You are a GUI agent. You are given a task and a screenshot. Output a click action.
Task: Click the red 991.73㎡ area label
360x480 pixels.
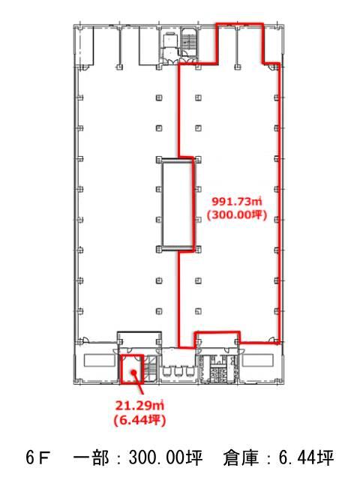[x=237, y=202]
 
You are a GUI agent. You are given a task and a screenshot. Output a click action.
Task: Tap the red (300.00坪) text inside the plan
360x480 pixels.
[x=237, y=215]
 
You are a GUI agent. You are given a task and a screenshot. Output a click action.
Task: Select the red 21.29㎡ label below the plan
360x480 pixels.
[x=139, y=406]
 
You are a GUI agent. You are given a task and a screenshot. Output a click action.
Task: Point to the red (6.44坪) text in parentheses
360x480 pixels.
[x=139, y=420]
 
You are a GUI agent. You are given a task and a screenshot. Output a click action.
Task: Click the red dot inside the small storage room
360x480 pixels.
[x=133, y=372]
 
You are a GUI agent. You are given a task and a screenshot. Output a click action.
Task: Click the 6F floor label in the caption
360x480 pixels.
[x=37, y=458]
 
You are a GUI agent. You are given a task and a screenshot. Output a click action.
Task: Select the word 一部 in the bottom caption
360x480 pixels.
[x=91, y=458]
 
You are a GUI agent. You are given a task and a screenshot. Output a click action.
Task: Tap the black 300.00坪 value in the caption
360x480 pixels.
[x=166, y=458]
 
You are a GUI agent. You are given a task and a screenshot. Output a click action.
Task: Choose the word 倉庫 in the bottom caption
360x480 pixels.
[x=241, y=458]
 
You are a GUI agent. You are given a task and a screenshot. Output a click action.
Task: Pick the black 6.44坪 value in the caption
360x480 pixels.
[x=306, y=458]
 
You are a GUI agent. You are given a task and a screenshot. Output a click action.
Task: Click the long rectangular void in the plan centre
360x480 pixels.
[x=178, y=203]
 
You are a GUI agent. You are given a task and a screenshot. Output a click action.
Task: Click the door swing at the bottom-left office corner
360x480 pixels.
[x=85, y=340]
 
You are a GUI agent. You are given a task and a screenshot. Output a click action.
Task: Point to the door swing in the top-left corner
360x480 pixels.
[x=85, y=68]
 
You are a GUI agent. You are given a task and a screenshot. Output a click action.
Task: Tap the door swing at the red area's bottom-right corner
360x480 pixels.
[x=272, y=340]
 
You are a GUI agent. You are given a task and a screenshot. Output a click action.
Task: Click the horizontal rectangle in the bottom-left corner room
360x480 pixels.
[x=98, y=360]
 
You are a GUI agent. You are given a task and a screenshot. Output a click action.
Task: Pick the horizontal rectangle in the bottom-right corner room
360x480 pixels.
[x=258, y=360]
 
